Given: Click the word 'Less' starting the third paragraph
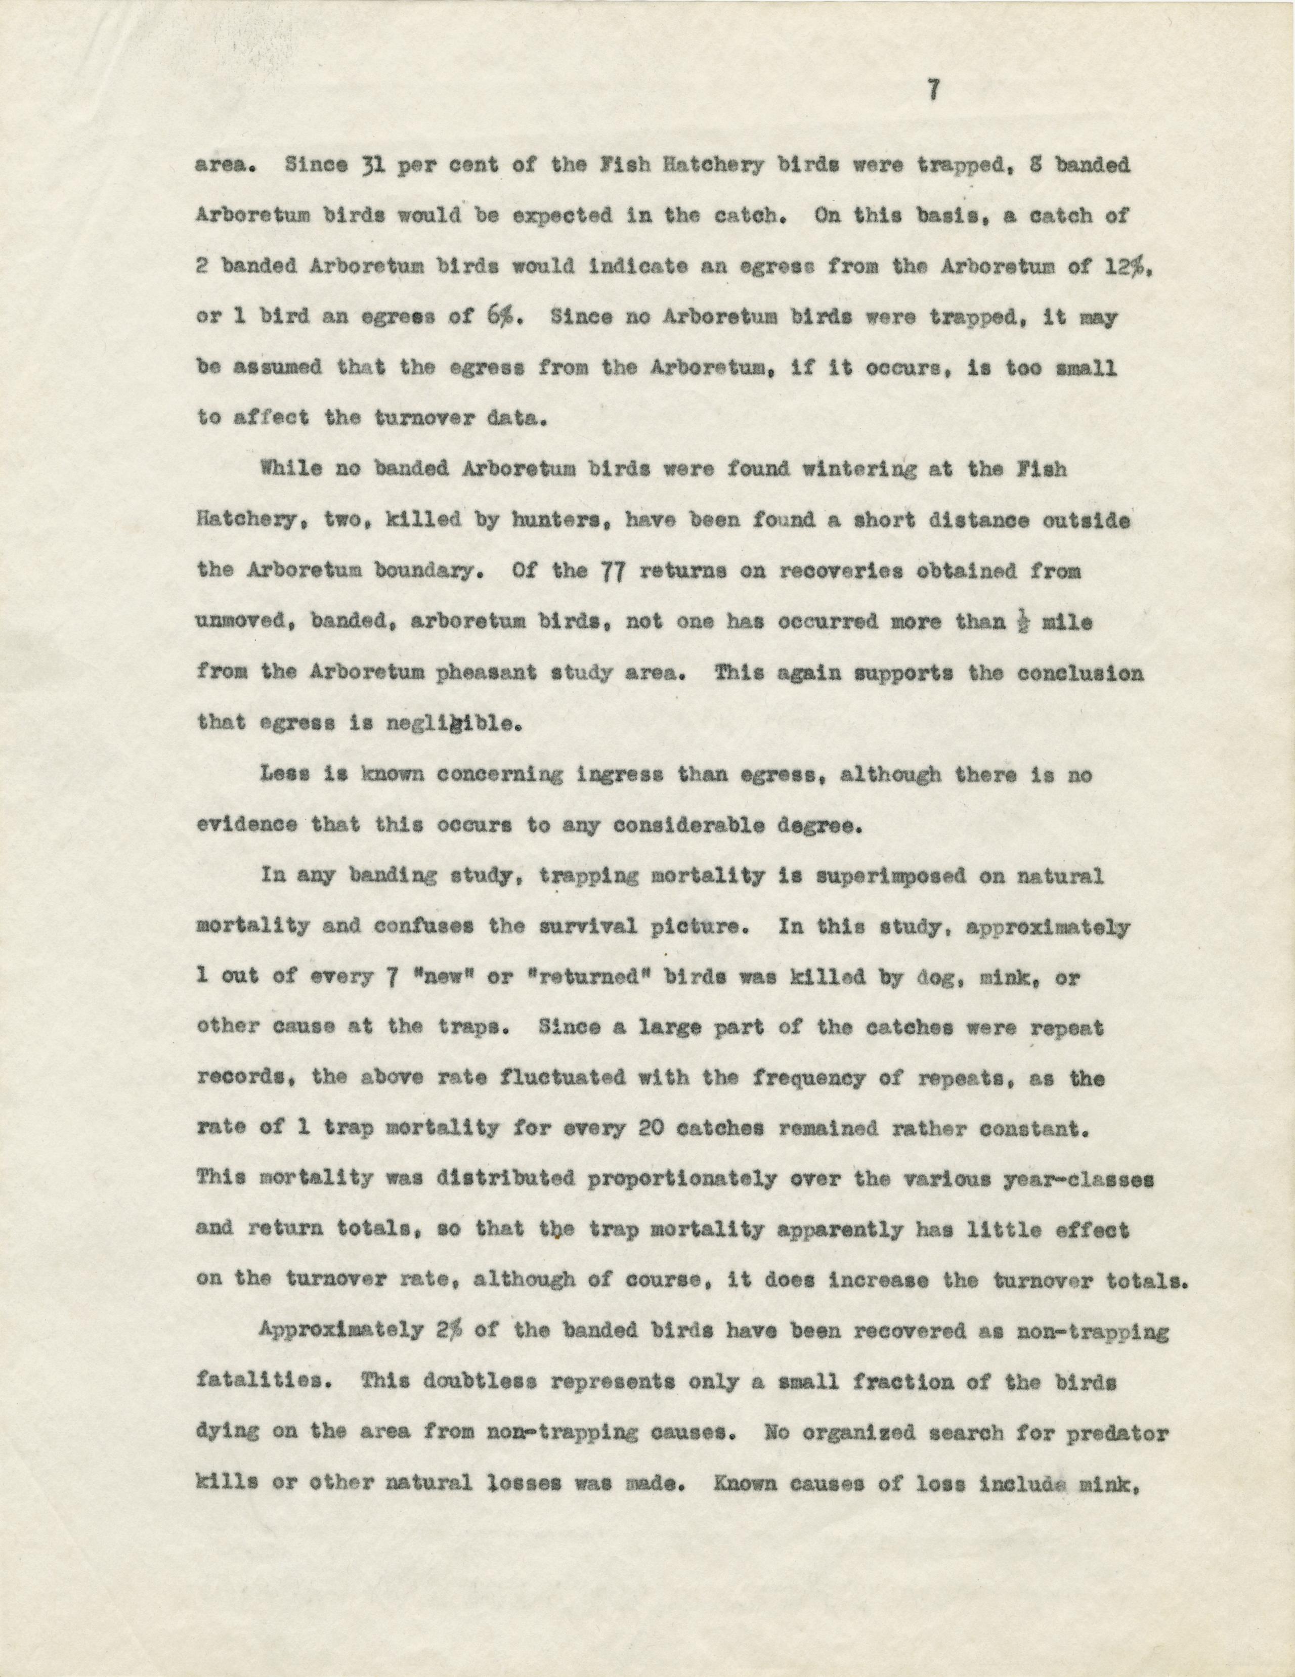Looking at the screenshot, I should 284,775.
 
